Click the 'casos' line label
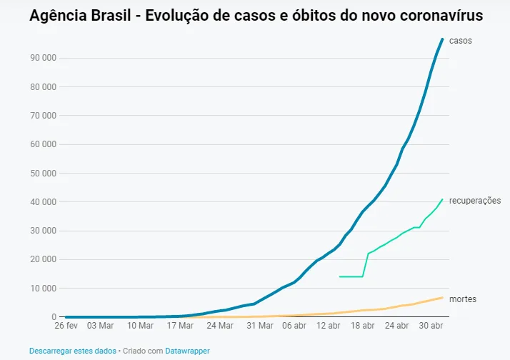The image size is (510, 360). [460, 41]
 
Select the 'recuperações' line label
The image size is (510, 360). [475, 201]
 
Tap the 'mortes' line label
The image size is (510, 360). [463, 299]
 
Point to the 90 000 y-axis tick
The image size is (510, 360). [44, 58]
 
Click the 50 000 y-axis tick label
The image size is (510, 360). [44, 174]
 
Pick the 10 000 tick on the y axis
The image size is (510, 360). [44, 289]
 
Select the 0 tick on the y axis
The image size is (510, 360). [54, 316]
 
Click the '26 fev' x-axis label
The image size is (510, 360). [66, 326]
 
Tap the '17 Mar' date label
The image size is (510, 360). [180, 326]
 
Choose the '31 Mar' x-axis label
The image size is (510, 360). [260, 326]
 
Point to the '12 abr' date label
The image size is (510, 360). [328, 326]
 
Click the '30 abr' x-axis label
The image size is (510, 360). [431, 326]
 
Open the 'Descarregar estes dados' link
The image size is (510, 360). [73, 351]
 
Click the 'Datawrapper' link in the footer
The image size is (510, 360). [187, 351]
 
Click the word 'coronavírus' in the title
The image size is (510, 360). [441, 15]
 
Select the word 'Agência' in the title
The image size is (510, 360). [59, 15]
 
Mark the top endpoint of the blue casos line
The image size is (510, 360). [442, 39]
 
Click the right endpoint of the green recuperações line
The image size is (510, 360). [442, 199]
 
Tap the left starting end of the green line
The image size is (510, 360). [339, 276]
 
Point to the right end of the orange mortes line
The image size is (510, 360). [442, 298]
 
